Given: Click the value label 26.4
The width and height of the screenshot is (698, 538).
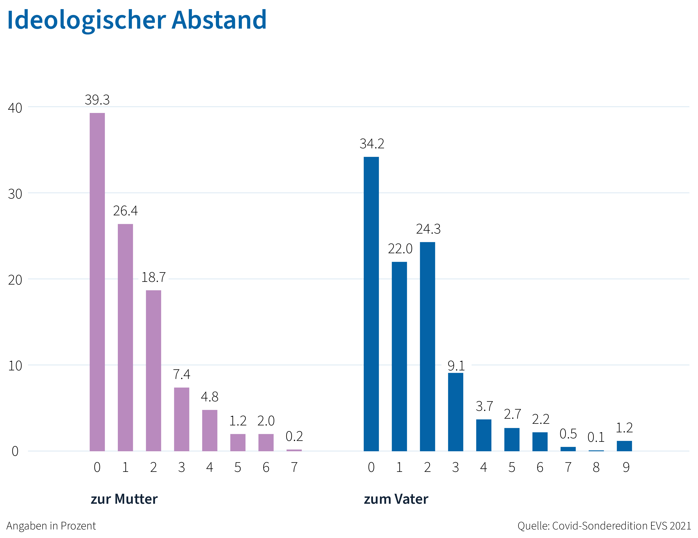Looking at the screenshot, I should click(125, 211).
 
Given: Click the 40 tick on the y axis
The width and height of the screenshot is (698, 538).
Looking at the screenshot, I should click(15, 108).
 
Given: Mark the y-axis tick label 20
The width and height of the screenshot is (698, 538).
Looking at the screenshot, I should click(15, 280).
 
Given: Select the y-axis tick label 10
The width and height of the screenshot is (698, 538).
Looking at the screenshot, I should click(15, 366).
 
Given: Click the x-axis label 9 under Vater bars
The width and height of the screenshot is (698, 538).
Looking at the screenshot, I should click(626, 467).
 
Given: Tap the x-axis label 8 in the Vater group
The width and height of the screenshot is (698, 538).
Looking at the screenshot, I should click(596, 467).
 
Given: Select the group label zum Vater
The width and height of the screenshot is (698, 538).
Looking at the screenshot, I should click(396, 499).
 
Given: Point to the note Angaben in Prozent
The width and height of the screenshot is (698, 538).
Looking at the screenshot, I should click(51, 526).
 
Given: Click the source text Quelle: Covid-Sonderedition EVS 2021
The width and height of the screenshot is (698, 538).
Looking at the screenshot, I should click(604, 526).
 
